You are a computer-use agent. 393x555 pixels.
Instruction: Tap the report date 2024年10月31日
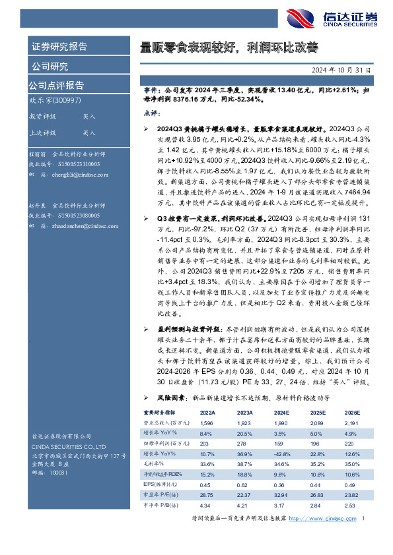pyautogui.click(x=343, y=69)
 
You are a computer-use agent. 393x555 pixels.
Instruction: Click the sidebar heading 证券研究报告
pyautogui.click(x=59, y=47)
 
